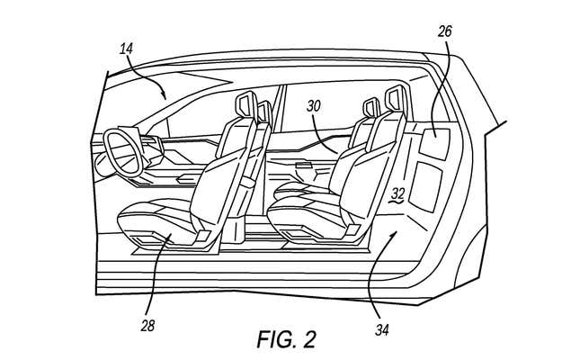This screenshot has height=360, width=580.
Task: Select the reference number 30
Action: tap(315, 105)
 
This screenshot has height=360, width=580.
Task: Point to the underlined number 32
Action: tap(397, 193)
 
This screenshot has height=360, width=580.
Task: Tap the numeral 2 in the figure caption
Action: tap(310, 340)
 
